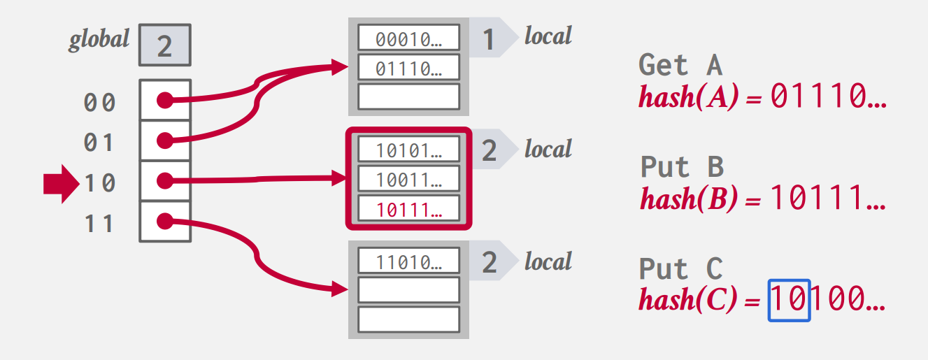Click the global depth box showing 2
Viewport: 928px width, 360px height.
click(164, 46)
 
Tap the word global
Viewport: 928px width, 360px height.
click(99, 39)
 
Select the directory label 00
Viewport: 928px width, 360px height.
click(99, 103)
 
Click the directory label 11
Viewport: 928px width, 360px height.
click(99, 224)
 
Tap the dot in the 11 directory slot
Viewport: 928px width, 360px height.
click(164, 222)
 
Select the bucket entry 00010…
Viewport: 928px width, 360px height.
click(408, 39)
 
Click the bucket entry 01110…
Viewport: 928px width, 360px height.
click(408, 68)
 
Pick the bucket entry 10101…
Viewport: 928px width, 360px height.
click(408, 150)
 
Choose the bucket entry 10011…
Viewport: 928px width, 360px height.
click(408, 179)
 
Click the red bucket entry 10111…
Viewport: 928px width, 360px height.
click(408, 208)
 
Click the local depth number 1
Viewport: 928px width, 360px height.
click(489, 39)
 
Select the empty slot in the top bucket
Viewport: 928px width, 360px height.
click(408, 96)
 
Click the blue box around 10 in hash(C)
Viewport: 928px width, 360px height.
click(789, 300)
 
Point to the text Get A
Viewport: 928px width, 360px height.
click(680, 66)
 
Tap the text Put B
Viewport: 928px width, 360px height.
click(681, 168)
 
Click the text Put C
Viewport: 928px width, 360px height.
click(680, 269)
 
